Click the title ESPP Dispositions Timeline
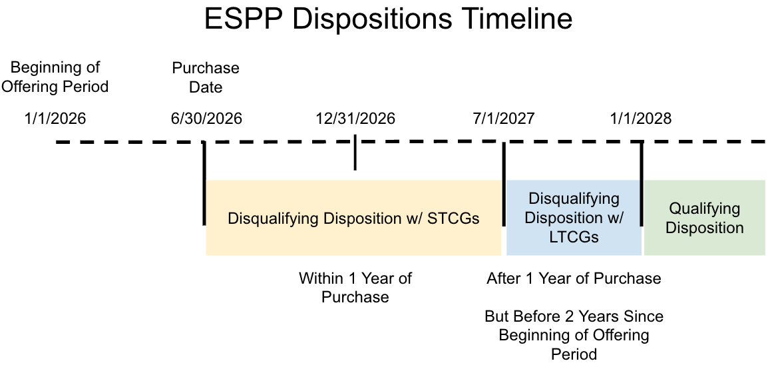(x=388, y=20)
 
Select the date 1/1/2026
(x=55, y=119)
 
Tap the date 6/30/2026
(x=206, y=119)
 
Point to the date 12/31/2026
(x=355, y=119)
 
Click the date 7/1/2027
(x=503, y=119)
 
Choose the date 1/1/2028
(x=641, y=119)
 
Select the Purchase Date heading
(x=206, y=77)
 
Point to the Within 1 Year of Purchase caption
(x=355, y=287)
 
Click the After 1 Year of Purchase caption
(x=574, y=278)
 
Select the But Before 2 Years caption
(x=574, y=334)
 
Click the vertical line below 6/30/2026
(x=204, y=183)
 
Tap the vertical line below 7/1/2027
(x=504, y=183)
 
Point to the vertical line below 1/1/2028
(x=642, y=183)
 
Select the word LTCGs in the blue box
(x=573, y=236)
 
